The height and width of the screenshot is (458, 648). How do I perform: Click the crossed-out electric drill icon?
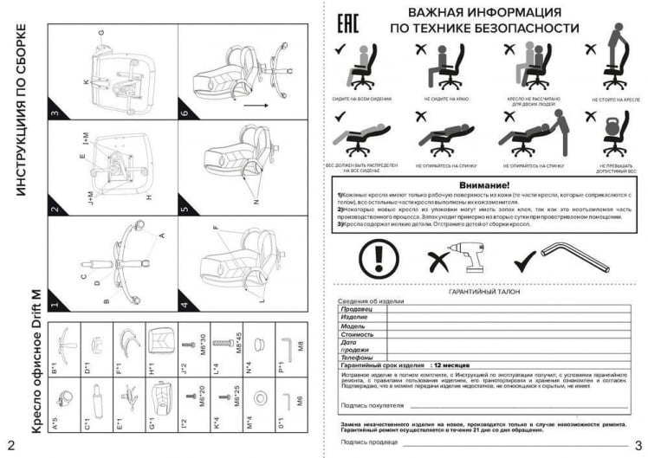(456, 256)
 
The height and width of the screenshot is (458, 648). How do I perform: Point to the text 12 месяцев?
(454, 366)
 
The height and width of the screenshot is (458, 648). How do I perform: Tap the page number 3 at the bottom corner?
(637, 447)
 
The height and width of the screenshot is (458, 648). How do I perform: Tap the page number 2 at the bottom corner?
(10, 447)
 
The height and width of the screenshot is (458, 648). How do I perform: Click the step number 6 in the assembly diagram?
(185, 114)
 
